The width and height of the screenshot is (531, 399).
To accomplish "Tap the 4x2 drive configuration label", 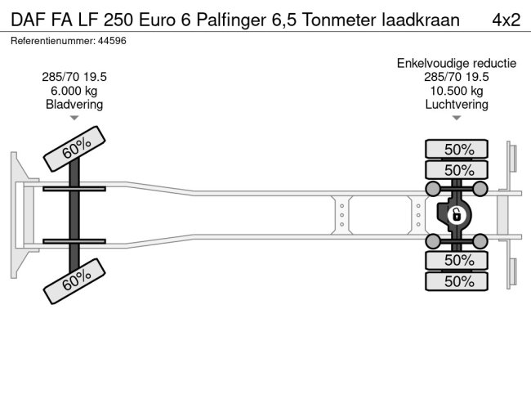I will [506, 19].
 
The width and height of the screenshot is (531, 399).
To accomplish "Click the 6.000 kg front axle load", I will [74, 91].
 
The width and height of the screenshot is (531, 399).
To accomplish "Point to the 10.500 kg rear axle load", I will [456, 91].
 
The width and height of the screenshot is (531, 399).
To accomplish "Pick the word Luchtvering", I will [456, 104].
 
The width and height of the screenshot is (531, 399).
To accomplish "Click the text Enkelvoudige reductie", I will [456, 63].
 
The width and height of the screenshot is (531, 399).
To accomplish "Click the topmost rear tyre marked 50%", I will [457, 149].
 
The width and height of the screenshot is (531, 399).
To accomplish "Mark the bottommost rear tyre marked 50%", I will [457, 281].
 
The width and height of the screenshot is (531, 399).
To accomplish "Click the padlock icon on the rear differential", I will [457, 215].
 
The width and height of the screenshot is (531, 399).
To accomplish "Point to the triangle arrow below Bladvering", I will [74, 119].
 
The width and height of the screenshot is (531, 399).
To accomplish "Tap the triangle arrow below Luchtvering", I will [456, 119].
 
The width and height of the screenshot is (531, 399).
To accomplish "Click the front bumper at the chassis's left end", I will [18, 214].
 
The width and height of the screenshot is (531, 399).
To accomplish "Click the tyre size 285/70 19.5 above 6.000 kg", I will [74, 77].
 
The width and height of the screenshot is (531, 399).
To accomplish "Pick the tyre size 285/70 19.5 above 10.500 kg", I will [456, 77].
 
